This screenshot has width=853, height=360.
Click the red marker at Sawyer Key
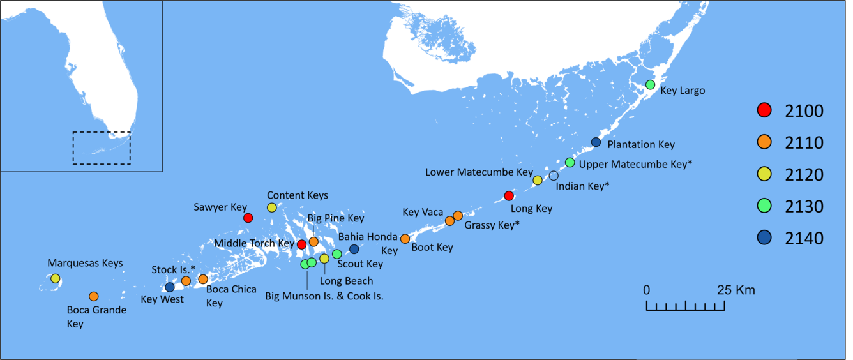(248, 218)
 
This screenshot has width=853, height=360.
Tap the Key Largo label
(683, 91)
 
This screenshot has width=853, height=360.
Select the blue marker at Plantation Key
(596, 142)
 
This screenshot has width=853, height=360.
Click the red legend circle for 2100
(764, 110)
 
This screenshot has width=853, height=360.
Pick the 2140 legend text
(804, 238)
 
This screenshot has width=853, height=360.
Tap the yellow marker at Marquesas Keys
(56, 278)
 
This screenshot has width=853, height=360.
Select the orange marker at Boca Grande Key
(94, 296)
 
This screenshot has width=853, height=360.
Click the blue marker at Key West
(170, 287)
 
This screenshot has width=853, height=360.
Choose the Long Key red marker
(509, 196)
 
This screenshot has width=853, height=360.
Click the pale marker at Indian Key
(554, 176)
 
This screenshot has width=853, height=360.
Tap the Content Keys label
(298, 195)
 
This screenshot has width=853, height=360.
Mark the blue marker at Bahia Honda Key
(354, 249)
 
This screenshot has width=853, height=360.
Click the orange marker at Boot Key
(405, 239)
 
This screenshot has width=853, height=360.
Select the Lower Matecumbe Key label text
(479, 172)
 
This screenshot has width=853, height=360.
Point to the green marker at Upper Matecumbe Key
(570, 162)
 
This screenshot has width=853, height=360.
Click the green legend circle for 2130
(764, 206)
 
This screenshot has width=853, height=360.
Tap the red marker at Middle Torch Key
(301, 244)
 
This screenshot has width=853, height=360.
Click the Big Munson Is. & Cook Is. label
(324, 296)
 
